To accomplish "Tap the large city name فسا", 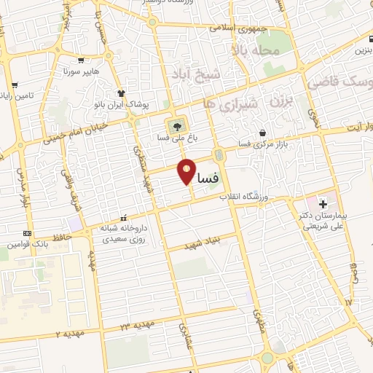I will pyautogui.click(x=206, y=177).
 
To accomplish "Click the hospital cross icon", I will pyautogui.click(x=323, y=203).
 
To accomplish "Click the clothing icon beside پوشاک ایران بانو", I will pyautogui.click(x=121, y=93).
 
